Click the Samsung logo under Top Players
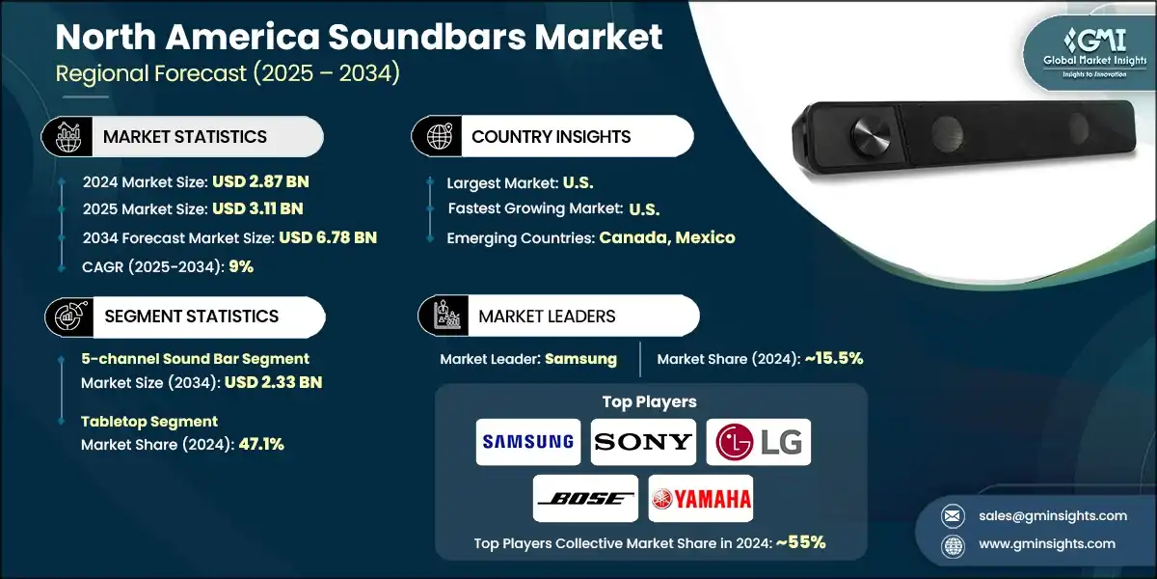(x=528, y=442)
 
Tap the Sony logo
(x=643, y=442)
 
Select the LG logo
(x=758, y=442)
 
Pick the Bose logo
(x=585, y=499)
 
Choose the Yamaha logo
(x=700, y=499)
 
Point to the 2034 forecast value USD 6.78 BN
(x=328, y=237)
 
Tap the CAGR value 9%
(x=241, y=266)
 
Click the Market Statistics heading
(x=185, y=136)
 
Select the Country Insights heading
(x=552, y=136)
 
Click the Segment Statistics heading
(x=191, y=316)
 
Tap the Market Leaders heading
(x=547, y=316)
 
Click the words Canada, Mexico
(x=667, y=237)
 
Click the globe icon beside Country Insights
(x=440, y=136)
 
